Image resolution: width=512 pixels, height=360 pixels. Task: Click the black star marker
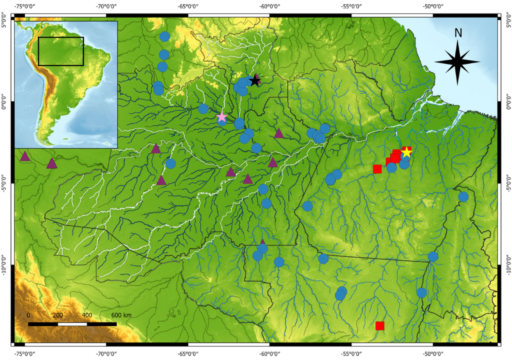click(255, 79)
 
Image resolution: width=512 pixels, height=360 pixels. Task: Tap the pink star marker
click(221, 117)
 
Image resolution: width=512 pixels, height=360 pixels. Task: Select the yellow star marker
click(406, 152)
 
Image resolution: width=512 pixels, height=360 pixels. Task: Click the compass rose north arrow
click(457, 61)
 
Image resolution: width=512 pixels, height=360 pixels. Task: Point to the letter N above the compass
click(458, 33)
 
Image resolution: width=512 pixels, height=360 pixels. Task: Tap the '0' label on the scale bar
click(28, 315)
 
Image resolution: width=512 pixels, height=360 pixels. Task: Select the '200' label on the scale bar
click(57, 315)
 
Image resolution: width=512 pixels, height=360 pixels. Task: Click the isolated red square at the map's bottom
click(380, 326)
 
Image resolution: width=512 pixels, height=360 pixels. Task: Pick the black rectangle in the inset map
click(61, 51)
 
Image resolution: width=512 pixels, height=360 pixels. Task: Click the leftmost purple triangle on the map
click(24, 156)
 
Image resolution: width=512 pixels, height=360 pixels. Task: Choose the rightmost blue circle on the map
click(463, 196)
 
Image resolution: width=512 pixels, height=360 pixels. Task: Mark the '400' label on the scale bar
click(87, 315)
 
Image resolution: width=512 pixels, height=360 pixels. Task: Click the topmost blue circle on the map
click(164, 36)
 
